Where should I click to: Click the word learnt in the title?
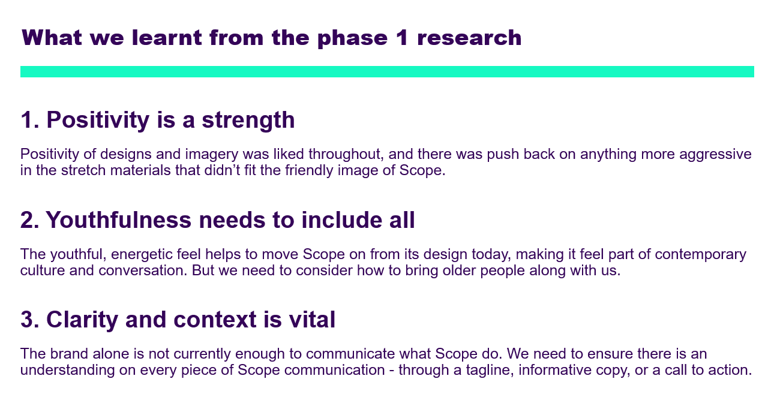167,37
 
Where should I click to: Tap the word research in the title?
469,38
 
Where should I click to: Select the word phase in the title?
352,38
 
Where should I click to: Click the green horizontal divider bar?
387,71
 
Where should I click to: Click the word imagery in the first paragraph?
212,155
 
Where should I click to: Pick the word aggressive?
715,155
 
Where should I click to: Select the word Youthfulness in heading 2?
119,219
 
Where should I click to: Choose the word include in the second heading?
341,219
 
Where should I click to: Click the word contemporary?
700,255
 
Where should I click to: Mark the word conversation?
143,270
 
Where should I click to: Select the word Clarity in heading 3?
82,320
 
